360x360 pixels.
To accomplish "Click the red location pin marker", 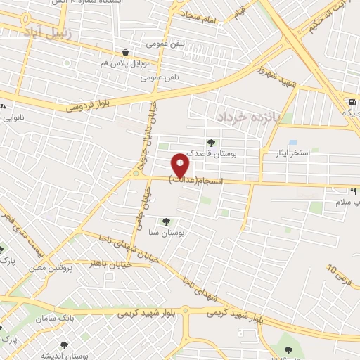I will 181,165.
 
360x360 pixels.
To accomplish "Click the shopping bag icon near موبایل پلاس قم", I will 125,52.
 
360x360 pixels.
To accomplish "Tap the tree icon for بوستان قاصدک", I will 212,143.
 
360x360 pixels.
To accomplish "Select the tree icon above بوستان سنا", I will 166,221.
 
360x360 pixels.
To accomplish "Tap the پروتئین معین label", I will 52,266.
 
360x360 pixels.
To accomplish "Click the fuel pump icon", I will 351,101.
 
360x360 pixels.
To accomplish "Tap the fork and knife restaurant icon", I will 354,191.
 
